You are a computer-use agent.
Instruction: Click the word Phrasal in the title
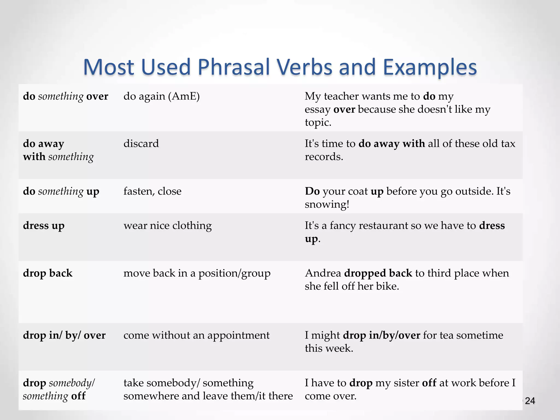pos(234,67)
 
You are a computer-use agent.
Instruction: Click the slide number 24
pos(530,401)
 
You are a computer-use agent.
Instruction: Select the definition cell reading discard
pos(141,144)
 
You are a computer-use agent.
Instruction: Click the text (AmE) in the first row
pos(184,96)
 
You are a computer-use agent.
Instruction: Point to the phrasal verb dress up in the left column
pos(44,226)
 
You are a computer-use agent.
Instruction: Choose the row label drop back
pos(48,273)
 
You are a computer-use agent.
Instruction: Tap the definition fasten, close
pos(152,191)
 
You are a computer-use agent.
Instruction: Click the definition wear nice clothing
pos(168,226)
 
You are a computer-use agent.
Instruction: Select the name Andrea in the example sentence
pos(323,273)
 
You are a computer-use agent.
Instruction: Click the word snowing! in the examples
pos(327,204)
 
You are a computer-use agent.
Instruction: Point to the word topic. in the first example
pos(318,122)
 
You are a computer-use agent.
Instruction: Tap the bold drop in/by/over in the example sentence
pos(381,335)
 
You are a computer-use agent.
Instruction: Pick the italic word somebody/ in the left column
pos(72,383)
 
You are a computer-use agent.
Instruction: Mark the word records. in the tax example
pos(324,157)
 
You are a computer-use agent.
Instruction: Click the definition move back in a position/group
pos(197,273)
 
